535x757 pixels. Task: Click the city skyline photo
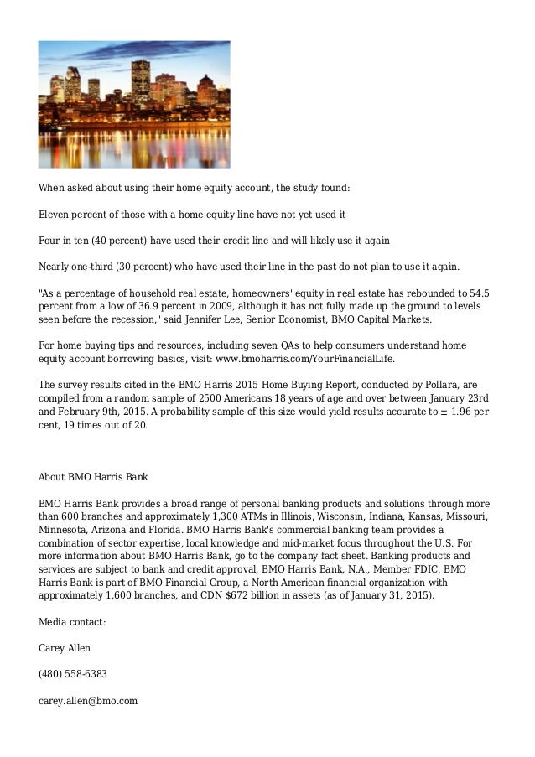tap(134, 104)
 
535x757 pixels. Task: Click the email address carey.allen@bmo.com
tap(88, 700)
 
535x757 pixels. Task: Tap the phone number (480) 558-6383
tap(73, 674)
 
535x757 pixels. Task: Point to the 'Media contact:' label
tap(73, 621)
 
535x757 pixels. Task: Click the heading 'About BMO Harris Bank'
tap(93, 477)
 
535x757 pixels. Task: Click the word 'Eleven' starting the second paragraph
tap(55, 215)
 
